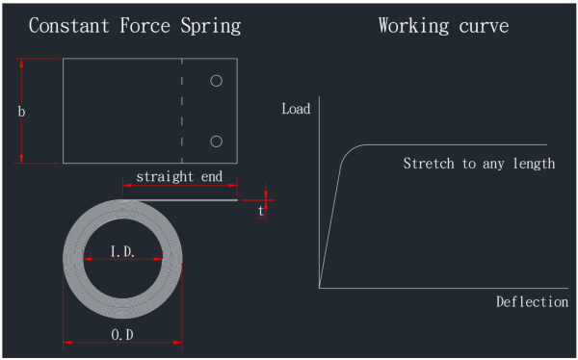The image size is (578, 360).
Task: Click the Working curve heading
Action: tap(443, 25)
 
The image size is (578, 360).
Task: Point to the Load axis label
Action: tap(296, 109)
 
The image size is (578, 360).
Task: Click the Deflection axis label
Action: tap(532, 301)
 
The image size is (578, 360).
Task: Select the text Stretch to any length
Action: tap(479, 164)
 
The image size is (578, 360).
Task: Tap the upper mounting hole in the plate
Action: tap(217, 81)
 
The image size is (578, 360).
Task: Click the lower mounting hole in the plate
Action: tap(217, 141)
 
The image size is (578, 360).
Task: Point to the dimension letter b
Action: tap(21, 113)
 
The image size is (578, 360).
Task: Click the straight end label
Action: tap(179, 176)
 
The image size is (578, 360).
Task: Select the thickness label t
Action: tap(261, 211)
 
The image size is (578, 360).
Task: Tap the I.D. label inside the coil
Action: tap(122, 251)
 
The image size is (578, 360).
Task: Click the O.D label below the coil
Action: tap(122, 334)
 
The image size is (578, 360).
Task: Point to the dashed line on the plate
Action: tap(182, 111)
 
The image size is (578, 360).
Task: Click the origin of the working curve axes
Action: tap(319, 287)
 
